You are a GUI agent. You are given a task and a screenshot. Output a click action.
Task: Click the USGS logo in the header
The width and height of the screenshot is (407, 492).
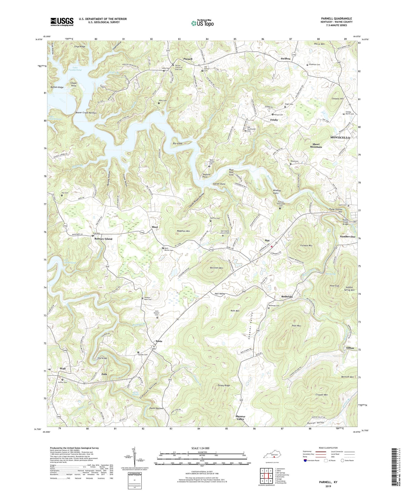62,22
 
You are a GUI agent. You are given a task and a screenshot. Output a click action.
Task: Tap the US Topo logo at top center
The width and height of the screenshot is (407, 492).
202,23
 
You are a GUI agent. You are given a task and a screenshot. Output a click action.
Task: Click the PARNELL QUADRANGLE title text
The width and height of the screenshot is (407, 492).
336,19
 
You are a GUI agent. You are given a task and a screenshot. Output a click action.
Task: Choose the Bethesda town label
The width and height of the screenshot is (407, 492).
287,297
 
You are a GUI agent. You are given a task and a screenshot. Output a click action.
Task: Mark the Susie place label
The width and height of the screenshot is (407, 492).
159,341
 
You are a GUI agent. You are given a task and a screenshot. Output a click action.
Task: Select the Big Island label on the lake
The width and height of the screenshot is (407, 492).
177,143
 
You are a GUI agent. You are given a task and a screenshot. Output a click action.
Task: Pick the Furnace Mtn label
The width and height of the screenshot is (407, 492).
306,246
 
